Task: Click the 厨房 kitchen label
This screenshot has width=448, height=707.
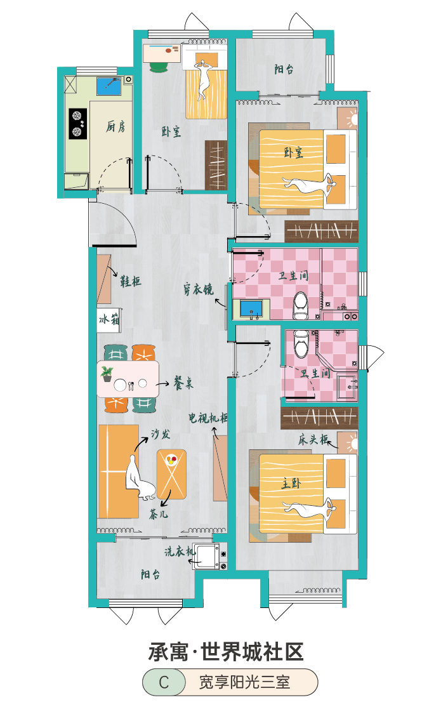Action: [x=115, y=127]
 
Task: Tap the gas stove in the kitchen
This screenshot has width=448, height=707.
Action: [x=77, y=124]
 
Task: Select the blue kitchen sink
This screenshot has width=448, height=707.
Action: [x=110, y=86]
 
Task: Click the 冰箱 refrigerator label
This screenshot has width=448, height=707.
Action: [x=109, y=320]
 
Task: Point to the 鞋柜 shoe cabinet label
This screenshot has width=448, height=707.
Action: [x=130, y=281]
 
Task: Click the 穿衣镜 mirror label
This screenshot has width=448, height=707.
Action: [x=198, y=289]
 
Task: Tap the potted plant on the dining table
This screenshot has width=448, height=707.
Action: [x=107, y=374]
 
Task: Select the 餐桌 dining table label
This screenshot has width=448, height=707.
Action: [x=183, y=383]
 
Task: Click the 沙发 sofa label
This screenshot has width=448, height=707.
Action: [x=161, y=433]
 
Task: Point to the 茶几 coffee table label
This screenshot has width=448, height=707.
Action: [x=159, y=514]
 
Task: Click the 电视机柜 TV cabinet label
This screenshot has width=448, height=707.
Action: [x=208, y=418]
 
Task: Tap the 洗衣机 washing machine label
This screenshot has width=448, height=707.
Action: [x=180, y=551]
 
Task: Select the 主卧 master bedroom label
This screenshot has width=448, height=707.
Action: [x=291, y=484]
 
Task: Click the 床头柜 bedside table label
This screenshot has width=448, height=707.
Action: [x=313, y=439]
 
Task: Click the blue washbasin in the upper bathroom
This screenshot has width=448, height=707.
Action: [x=251, y=309]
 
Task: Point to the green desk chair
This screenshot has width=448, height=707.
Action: [x=158, y=67]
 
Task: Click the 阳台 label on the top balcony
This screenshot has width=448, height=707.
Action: [x=284, y=69]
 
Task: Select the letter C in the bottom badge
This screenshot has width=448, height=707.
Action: [x=164, y=682]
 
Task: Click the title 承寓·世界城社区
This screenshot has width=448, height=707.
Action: [x=227, y=652]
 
